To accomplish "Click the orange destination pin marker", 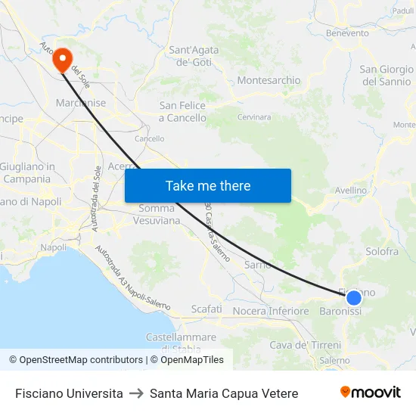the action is pyautogui.click(x=62, y=60).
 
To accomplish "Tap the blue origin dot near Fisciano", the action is pyautogui.click(x=353, y=298).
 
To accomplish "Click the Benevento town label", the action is pyautogui.click(x=347, y=33).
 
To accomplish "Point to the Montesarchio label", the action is pyautogui.click(x=269, y=80).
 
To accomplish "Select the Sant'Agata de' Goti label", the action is pyautogui.click(x=194, y=56).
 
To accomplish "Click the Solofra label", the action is pyautogui.click(x=380, y=251).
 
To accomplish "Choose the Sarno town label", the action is pyautogui.click(x=258, y=265).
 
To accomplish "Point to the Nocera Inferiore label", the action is pyautogui.click(x=271, y=311).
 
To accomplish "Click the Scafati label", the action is pyautogui.click(x=206, y=309).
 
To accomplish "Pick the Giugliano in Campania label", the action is pyautogui.click(x=27, y=173).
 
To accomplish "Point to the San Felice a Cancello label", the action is pyautogui.click(x=182, y=112).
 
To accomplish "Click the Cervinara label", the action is pyautogui.click(x=254, y=117).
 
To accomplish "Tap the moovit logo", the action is pyautogui.click(x=371, y=393).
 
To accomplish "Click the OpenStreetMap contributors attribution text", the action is pyautogui.click(x=81, y=360).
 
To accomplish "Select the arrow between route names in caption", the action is pyautogui.click(x=136, y=393).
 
